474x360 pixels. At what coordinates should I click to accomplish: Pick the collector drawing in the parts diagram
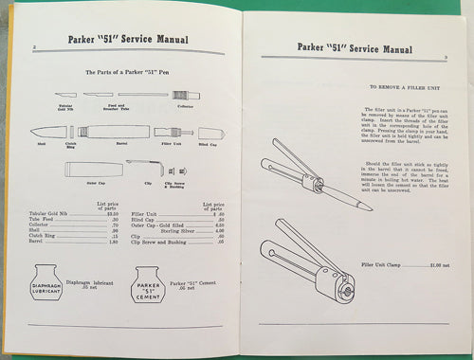[x=183, y=95]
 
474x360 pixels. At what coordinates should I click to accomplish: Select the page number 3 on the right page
[x=445, y=57]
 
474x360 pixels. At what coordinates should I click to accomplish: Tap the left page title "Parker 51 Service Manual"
[x=126, y=39]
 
